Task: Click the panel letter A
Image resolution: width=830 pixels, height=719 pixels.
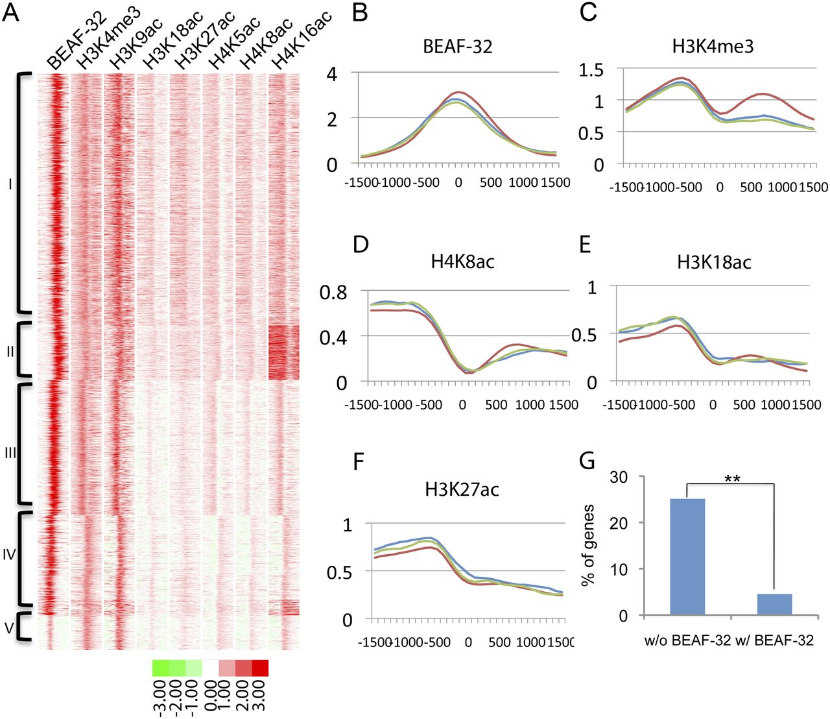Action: point(12,13)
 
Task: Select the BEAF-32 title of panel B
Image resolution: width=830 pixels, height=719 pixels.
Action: point(457,46)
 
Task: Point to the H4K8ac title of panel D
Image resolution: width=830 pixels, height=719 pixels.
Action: point(462,262)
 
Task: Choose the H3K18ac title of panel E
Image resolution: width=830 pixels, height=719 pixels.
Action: point(714,262)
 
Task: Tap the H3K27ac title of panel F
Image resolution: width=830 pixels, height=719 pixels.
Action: point(462,489)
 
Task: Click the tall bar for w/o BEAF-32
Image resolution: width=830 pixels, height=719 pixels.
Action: point(687,556)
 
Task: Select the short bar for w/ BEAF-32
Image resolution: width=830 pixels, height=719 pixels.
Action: point(774,604)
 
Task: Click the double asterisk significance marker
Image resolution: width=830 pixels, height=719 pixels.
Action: point(733,480)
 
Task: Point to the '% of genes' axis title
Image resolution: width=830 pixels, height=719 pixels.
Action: point(588,546)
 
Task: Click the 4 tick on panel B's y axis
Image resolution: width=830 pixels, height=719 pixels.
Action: point(332,73)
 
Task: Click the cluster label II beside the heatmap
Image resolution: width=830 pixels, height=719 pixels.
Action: point(10,352)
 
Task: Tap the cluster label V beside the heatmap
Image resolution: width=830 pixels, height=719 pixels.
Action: point(8,628)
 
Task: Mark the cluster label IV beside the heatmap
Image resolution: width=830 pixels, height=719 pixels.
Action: point(9,555)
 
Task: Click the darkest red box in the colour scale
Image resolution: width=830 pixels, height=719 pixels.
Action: point(260,668)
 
